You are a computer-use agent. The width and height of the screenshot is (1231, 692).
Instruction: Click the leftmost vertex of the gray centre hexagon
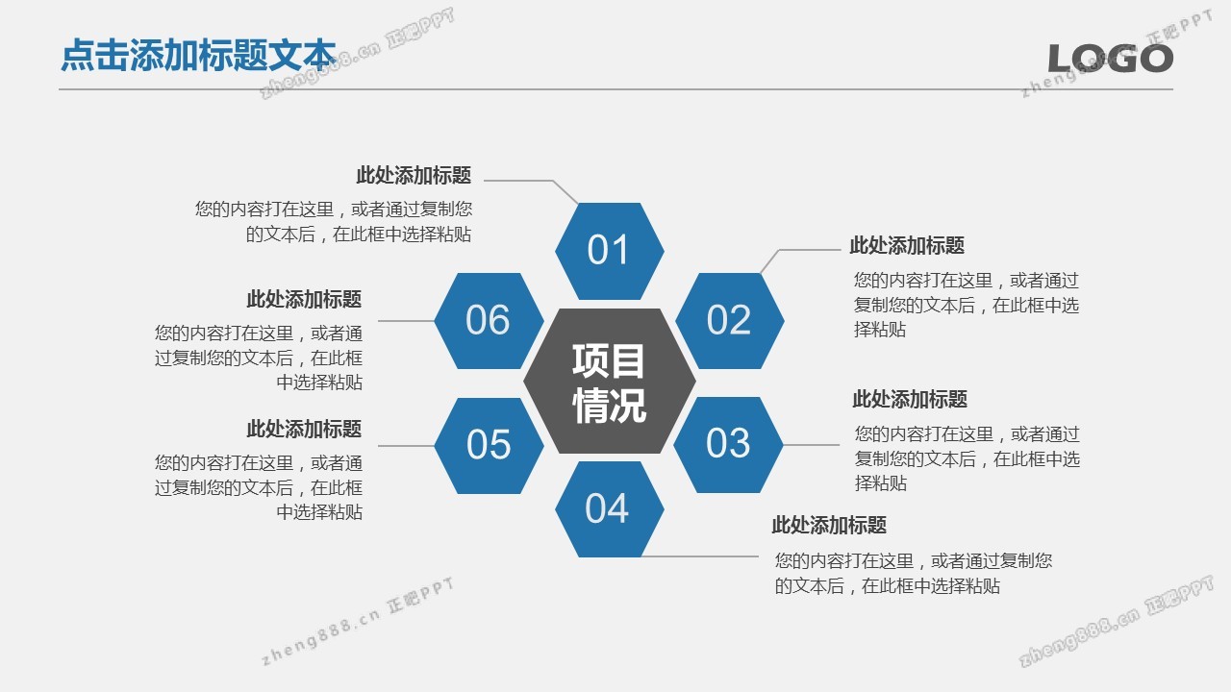523,381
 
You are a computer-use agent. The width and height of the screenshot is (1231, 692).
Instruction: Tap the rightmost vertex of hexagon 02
784,321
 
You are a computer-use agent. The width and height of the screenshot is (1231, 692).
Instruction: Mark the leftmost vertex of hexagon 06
434,321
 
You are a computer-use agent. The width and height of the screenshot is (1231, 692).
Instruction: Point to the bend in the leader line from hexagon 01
553,181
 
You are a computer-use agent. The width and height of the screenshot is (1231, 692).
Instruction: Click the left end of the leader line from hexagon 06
378,321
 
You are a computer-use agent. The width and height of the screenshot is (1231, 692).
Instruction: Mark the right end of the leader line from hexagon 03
840,445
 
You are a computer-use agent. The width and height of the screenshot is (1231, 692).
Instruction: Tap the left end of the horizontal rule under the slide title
60,89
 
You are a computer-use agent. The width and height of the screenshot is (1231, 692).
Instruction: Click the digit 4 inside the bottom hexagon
617,508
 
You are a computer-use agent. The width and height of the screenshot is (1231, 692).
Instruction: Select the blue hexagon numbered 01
610,251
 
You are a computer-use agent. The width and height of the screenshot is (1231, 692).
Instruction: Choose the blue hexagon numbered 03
728,445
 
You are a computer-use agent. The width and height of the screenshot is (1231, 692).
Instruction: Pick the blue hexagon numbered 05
490,445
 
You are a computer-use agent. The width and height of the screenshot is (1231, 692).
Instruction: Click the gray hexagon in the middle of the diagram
610,381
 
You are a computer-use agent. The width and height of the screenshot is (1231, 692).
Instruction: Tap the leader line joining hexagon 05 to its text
406,445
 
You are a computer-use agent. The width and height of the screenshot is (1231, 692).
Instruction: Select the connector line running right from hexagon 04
699,556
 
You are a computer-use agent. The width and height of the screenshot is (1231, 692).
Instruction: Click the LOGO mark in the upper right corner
1111,59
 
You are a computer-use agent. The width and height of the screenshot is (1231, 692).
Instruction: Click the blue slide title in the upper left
198,55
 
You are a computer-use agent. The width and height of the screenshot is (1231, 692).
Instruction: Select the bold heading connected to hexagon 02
907,245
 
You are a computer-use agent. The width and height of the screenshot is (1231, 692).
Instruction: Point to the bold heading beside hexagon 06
304,299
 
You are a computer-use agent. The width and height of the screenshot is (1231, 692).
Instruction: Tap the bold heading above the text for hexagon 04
829,525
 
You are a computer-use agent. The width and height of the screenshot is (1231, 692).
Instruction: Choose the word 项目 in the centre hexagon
609,360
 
